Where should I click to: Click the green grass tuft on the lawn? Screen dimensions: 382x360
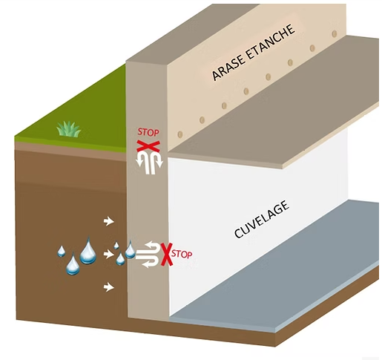click(69, 129)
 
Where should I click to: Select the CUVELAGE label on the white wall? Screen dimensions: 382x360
click(262, 219)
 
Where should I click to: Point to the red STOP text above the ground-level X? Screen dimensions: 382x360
click(148, 132)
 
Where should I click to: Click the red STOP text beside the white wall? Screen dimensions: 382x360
click(182, 254)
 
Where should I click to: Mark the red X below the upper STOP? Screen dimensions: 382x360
click(148, 146)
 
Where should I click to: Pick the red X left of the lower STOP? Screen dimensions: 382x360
click(166, 255)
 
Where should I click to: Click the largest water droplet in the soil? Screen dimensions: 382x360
click(88, 250)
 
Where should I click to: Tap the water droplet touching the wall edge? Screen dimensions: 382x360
click(130, 249)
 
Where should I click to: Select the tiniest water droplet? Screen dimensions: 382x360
click(116, 246)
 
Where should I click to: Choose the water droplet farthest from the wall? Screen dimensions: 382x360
click(62, 252)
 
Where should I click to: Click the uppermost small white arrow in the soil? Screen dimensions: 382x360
click(108, 221)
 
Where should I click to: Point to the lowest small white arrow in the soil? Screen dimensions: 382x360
click(108, 287)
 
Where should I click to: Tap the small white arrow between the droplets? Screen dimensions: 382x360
click(108, 254)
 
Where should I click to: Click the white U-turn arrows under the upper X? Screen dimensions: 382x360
click(149, 163)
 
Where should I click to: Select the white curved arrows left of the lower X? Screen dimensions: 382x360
click(148, 255)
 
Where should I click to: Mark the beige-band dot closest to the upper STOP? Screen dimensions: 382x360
click(180, 134)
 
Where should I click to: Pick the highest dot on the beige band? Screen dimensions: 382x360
click(335, 33)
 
